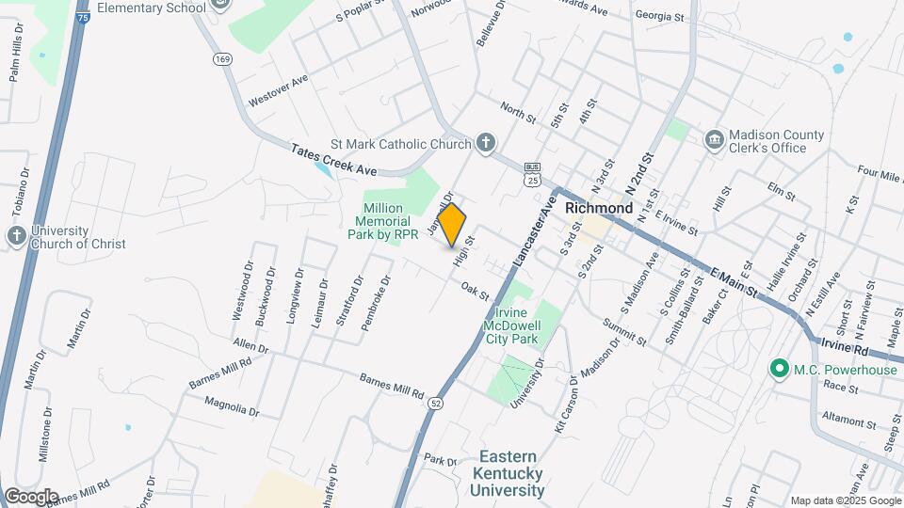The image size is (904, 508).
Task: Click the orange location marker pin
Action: tap(452, 224)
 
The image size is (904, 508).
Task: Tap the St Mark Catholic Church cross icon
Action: tap(485, 143)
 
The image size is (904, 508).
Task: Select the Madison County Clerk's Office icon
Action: tap(714, 140)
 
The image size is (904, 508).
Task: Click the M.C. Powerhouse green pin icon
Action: tap(779, 369)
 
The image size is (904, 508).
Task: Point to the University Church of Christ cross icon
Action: tap(17, 236)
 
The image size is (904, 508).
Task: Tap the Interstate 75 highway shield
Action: tap(83, 17)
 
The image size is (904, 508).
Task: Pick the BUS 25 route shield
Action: tap(533, 173)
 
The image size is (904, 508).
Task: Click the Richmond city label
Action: tap(599, 207)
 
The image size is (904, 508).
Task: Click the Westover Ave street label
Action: tap(278, 91)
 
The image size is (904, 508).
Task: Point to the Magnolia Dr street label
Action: tap(233, 405)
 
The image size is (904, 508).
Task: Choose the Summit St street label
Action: tap(625, 331)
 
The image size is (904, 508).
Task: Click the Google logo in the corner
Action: tap(30, 496)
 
